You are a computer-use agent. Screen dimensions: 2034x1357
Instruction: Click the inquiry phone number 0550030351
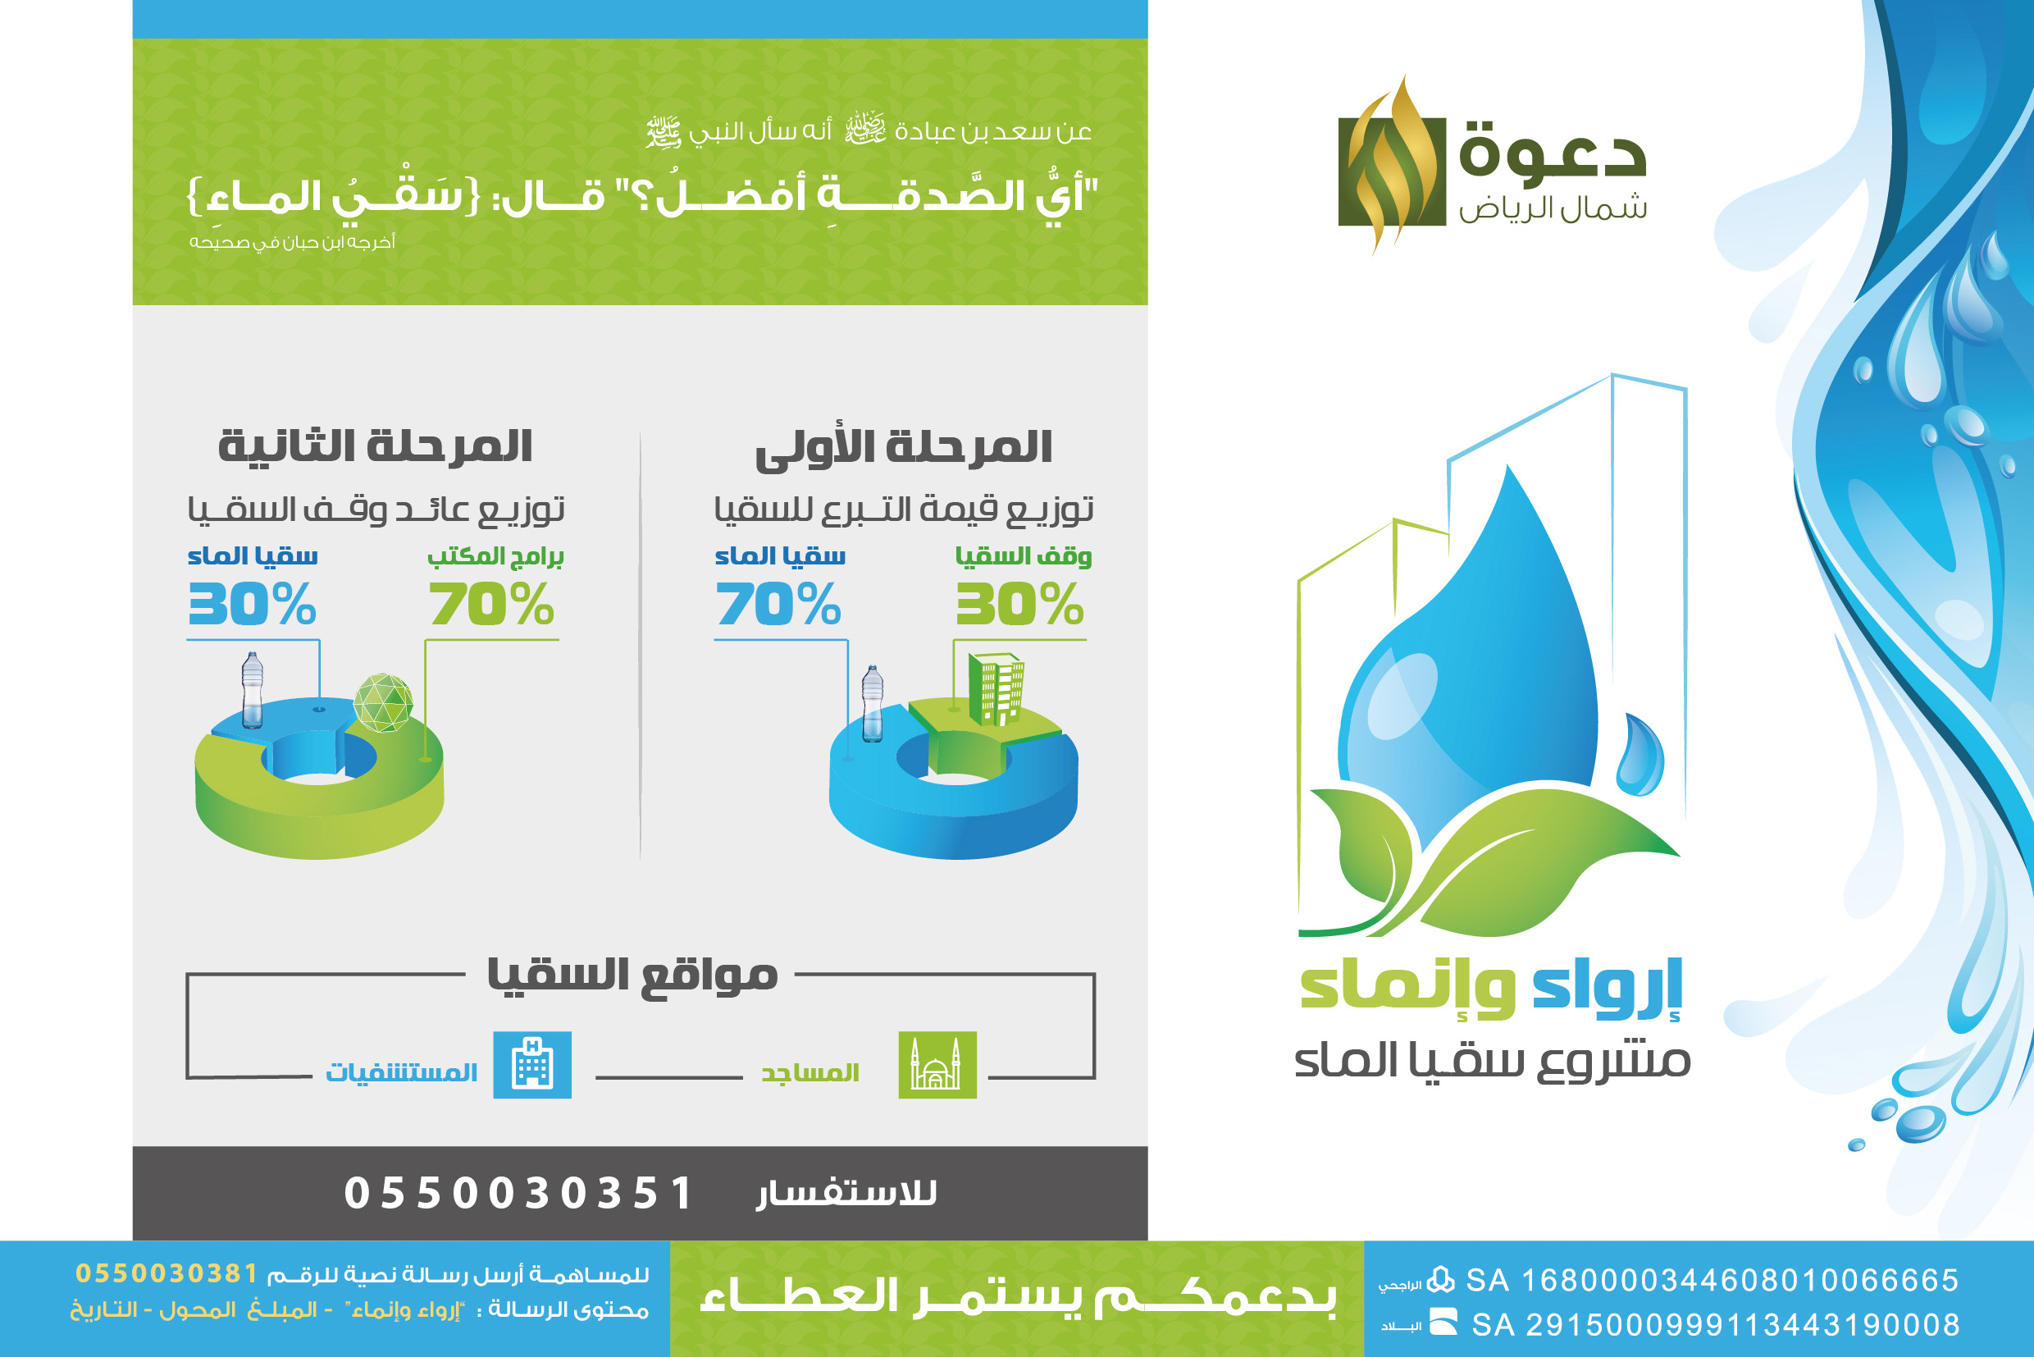[518, 1194]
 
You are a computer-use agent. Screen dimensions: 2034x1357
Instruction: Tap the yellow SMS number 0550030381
[167, 1273]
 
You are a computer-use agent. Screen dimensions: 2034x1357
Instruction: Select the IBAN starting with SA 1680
[1712, 1280]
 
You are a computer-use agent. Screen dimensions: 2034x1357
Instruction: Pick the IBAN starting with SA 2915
[1716, 1325]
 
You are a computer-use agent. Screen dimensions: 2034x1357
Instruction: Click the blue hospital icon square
[532, 1064]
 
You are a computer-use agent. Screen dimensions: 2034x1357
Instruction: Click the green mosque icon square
[937, 1064]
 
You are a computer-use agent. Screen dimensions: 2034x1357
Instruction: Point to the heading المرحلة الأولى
[903, 448]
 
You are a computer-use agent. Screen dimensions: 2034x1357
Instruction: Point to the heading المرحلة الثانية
[375, 446]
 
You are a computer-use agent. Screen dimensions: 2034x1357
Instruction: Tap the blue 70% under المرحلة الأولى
[778, 604]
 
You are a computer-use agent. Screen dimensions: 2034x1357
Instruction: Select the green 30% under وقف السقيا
[1019, 604]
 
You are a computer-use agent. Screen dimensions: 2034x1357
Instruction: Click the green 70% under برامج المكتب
[490, 604]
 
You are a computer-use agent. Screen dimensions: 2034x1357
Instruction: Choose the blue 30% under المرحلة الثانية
[252, 604]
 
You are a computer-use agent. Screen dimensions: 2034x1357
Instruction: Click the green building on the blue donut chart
[996, 689]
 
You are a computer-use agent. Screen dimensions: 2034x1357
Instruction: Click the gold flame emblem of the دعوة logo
[1391, 165]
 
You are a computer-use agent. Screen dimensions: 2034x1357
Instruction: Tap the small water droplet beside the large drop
[1640, 755]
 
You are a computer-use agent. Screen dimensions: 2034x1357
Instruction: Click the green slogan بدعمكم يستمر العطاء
[1018, 1296]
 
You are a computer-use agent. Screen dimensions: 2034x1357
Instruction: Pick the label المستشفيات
[401, 1072]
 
